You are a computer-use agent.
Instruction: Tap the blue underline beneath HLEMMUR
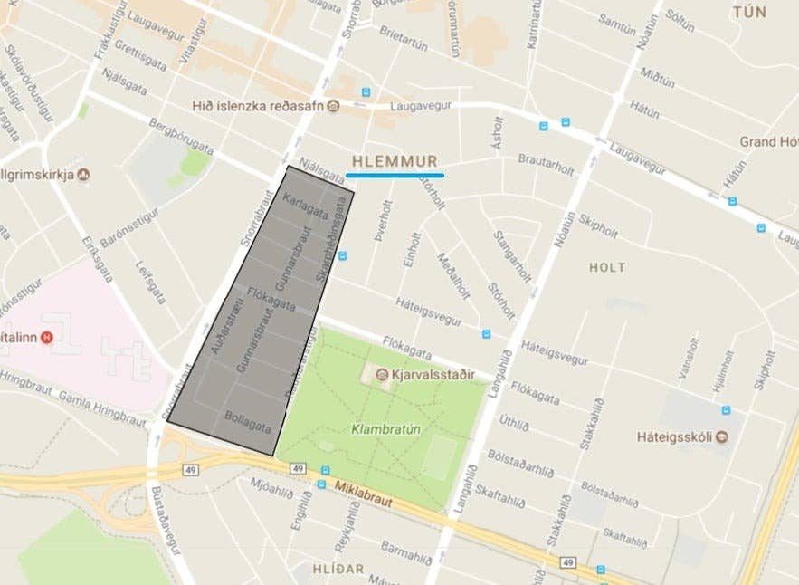coord(395,174)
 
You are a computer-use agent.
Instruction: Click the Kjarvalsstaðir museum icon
coord(382,374)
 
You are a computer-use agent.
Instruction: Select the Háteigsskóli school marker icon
coord(721,437)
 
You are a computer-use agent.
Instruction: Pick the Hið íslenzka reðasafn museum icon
coord(333,106)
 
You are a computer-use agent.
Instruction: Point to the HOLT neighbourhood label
coord(606,267)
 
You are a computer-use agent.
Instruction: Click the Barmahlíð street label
coord(404,554)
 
